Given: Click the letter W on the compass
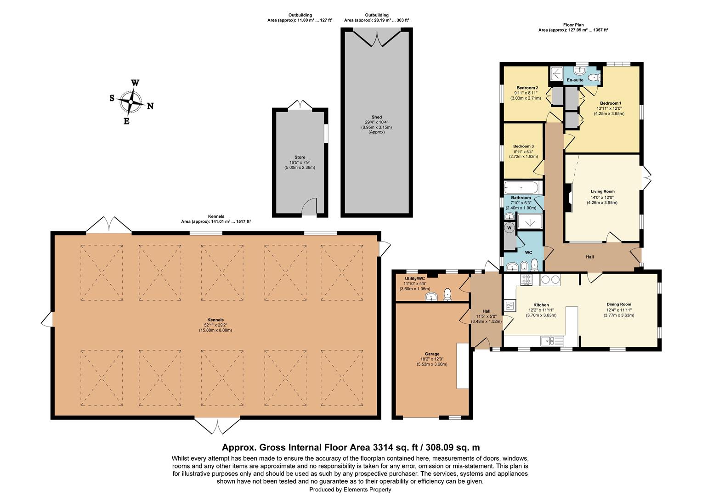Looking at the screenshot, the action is [135, 83].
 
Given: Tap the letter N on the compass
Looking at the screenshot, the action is [150, 106].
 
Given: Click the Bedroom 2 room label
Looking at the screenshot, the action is [527, 88].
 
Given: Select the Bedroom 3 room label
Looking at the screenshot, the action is [523, 147].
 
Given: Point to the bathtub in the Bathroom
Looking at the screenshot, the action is [521, 188].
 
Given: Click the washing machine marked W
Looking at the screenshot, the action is [509, 228].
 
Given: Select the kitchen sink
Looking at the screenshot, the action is [552, 341].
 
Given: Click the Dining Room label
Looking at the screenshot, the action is [619, 304].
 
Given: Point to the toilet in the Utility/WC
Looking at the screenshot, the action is [448, 295].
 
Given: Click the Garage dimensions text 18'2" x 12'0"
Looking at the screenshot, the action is [432, 359].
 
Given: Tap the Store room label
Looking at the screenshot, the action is [300, 157].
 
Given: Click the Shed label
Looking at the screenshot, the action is [377, 117].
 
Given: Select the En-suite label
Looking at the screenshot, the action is [575, 80].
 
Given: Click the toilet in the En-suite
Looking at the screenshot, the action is [593, 77].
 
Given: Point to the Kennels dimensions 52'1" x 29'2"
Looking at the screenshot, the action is [215, 325].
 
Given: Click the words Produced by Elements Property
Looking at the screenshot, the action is [351, 490].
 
